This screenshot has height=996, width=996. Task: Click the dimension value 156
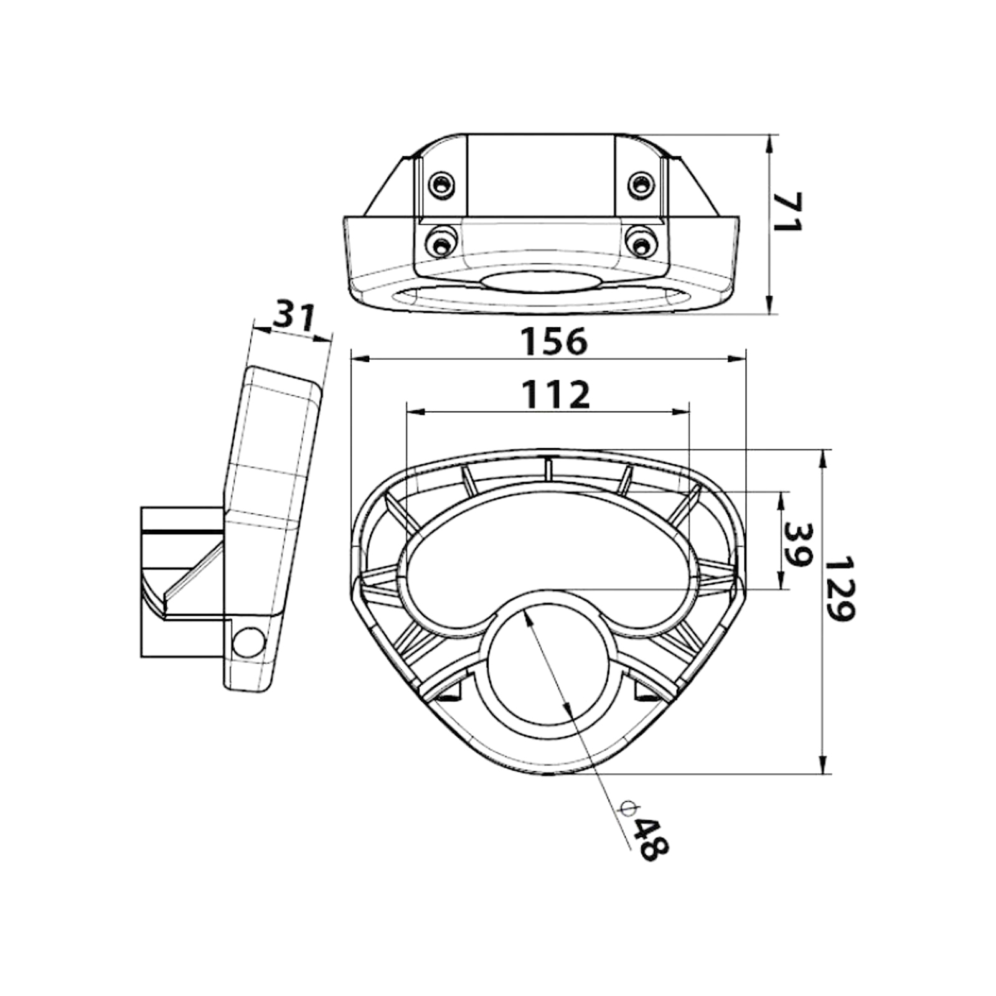tap(553, 341)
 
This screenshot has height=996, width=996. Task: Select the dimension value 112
tap(555, 395)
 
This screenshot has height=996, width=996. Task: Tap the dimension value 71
tap(787, 212)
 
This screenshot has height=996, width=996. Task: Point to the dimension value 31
tap(295, 317)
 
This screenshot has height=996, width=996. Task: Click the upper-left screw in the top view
tap(441, 184)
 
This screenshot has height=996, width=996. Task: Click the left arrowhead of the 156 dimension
tap(357, 359)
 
